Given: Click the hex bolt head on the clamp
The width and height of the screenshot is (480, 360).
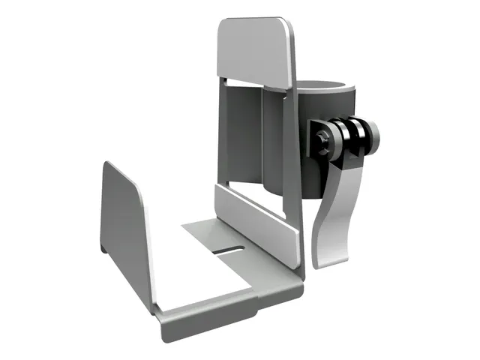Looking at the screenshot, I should [322, 137].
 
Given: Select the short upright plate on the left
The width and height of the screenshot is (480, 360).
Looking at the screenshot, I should [124, 225].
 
